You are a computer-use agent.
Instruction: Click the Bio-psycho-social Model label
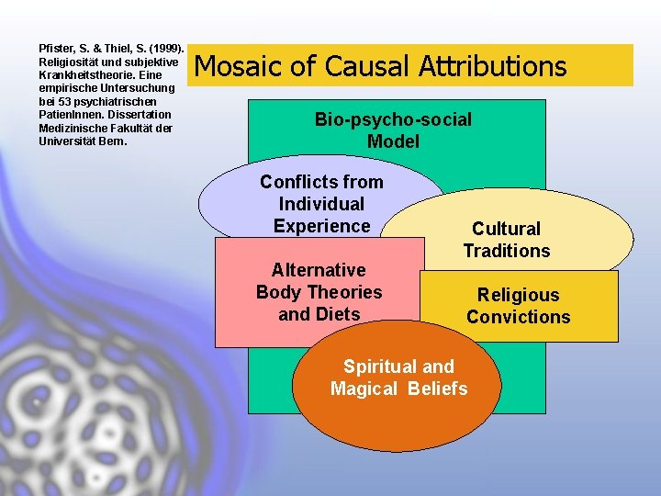coord(393,130)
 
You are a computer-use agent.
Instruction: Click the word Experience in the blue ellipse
coord(321,226)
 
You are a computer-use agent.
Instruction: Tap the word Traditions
coord(507,251)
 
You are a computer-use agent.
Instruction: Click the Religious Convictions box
coord(518,306)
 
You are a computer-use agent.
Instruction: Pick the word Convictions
coord(518,317)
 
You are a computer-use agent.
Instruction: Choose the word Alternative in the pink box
coord(319,270)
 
